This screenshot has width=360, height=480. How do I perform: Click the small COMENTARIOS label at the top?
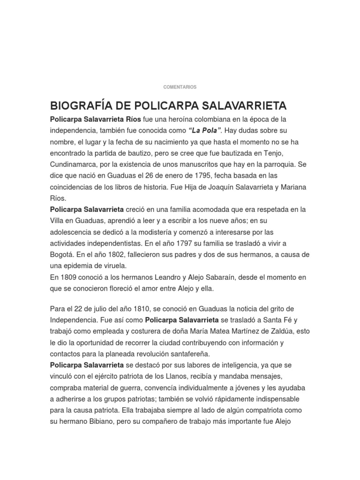tap(180, 87)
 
